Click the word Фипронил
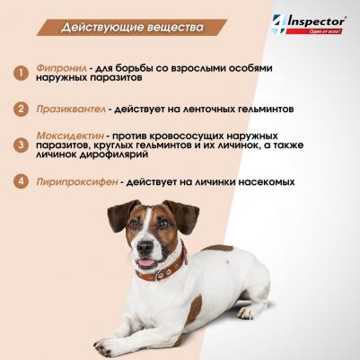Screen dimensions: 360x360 tap(62, 68)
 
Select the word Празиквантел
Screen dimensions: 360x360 tap(71, 109)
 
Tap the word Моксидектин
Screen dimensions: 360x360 tap(70, 136)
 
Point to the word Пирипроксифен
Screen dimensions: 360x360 tap(77, 182)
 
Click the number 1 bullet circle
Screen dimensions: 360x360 tap(21, 73)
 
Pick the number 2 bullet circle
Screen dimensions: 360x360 tap(21, 109)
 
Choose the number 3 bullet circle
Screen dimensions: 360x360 tap(21, 145)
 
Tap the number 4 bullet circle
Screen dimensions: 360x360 tap(21, 181)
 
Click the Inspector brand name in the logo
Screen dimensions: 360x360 tap(316, 22)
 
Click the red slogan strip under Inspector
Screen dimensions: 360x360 tap(314, 31)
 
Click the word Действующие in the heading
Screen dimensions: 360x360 tap(102, 28)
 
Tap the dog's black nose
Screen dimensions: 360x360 tap(145, 247)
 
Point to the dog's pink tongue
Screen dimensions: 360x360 tap(146, 263)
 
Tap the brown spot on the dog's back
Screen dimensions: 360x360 tap(218, 248)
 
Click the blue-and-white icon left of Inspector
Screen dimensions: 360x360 tap(278, 24)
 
